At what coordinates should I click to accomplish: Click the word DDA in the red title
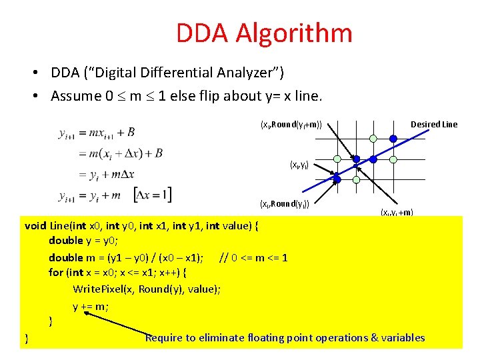click(x=201, y=33)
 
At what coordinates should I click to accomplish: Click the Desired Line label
click(x=434, y=125)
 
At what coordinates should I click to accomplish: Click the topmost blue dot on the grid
click(x=393, y=139)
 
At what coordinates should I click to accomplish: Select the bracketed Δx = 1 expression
click(x=153, y=195)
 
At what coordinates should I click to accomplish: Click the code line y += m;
click(x=91, y=306)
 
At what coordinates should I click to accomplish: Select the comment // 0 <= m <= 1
click(x=253, y=257)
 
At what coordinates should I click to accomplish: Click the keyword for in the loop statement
click(x=56, y=273)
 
